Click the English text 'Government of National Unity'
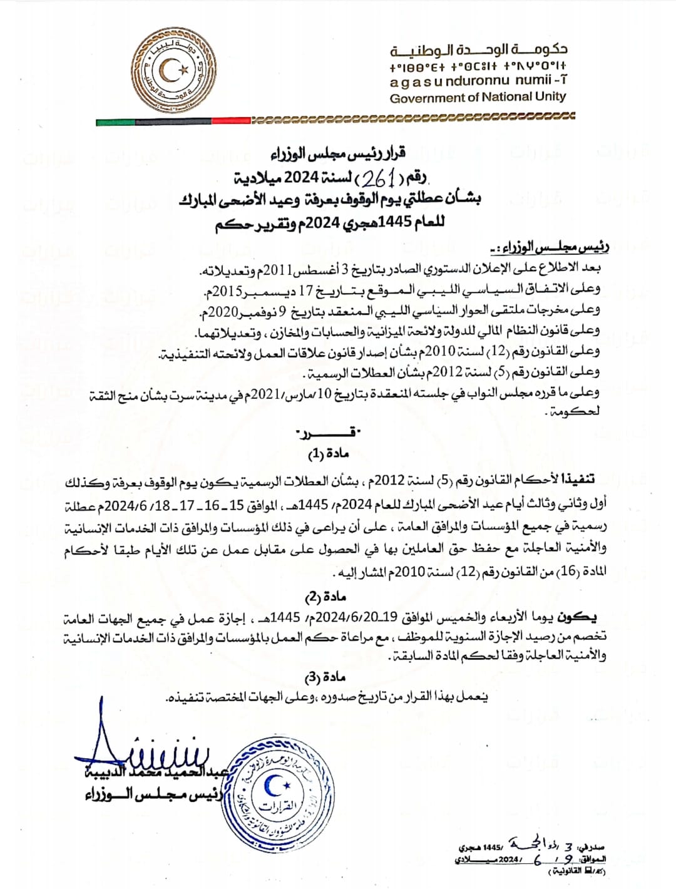[x=478, y=97]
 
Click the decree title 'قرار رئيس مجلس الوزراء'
[x=338, y=152]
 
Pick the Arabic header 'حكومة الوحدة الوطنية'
[x=479, y=49]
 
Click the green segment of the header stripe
[x=116, y=122]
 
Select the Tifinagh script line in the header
[x=478, y=66]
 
